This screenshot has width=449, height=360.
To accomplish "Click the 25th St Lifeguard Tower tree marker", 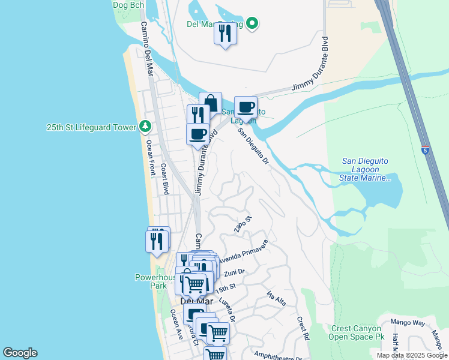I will [145, 127].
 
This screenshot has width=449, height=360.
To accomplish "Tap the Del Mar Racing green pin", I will [253, 24].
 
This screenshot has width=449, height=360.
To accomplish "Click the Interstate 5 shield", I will [425, 150].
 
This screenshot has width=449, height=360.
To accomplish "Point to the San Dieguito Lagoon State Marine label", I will [366, 169].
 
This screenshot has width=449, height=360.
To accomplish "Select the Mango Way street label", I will [411, 323].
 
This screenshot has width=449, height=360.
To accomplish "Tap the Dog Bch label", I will [128, 5].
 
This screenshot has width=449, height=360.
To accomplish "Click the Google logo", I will [20, 353].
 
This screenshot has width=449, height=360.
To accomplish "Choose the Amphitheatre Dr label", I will [277, 355].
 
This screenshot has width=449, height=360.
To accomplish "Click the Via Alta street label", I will [276, 298].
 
